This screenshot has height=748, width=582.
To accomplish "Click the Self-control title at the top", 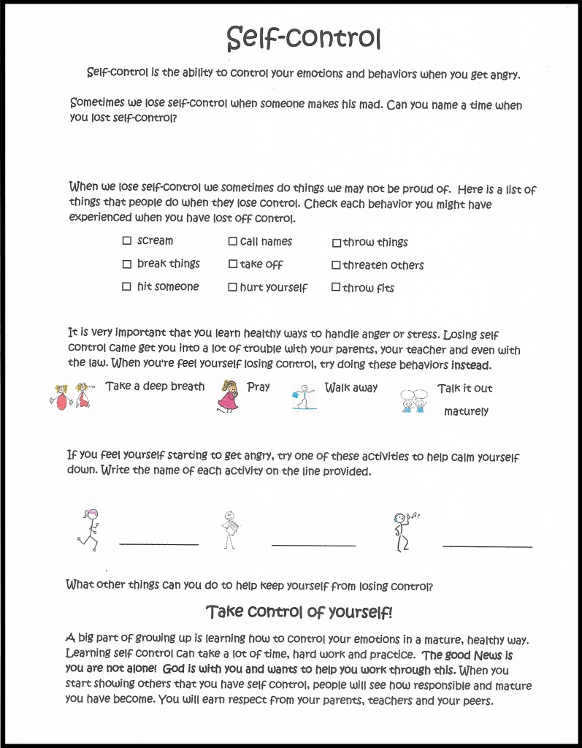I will coord(303,38).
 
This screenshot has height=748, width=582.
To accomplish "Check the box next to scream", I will coord(127,240).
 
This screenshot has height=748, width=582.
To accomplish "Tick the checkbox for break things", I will coord(127,264).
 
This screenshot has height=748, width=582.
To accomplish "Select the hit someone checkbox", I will coord(127,287).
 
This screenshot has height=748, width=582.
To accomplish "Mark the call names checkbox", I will coord(233,241).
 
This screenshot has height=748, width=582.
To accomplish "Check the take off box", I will coord(233,264).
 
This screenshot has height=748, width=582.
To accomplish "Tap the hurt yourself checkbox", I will coord(233,288).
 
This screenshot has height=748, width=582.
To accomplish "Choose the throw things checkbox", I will coord(337,243).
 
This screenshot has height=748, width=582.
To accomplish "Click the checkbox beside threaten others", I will coord(337,265).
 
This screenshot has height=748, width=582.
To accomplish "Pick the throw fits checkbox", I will coord(336,288).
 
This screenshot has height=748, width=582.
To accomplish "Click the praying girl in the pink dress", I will coord(229,396).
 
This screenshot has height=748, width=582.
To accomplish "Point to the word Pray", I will coord(259,387).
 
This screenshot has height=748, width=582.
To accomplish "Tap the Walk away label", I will coord(351,388).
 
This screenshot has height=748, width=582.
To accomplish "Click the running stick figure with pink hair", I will coord(89,530).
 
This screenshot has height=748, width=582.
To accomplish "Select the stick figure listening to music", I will coord(402,530).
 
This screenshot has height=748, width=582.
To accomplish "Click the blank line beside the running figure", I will coord(158,543).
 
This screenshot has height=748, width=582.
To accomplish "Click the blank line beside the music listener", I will coord(487,546).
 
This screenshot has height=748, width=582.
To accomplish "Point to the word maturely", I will coord(466,411).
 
